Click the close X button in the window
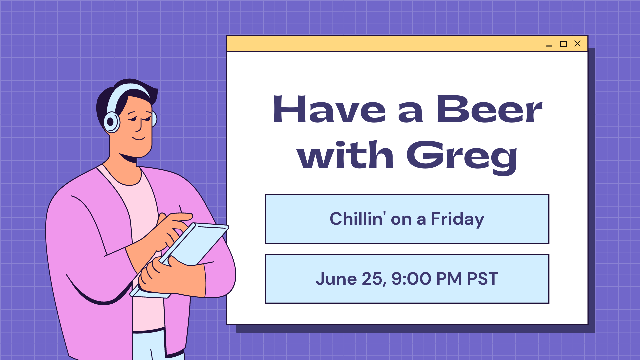577,44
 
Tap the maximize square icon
563,44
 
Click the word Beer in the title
489,109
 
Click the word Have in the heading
329,109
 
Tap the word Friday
457,219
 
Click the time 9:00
411,279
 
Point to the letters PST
483,279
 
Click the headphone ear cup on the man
112,122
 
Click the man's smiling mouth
139,138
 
